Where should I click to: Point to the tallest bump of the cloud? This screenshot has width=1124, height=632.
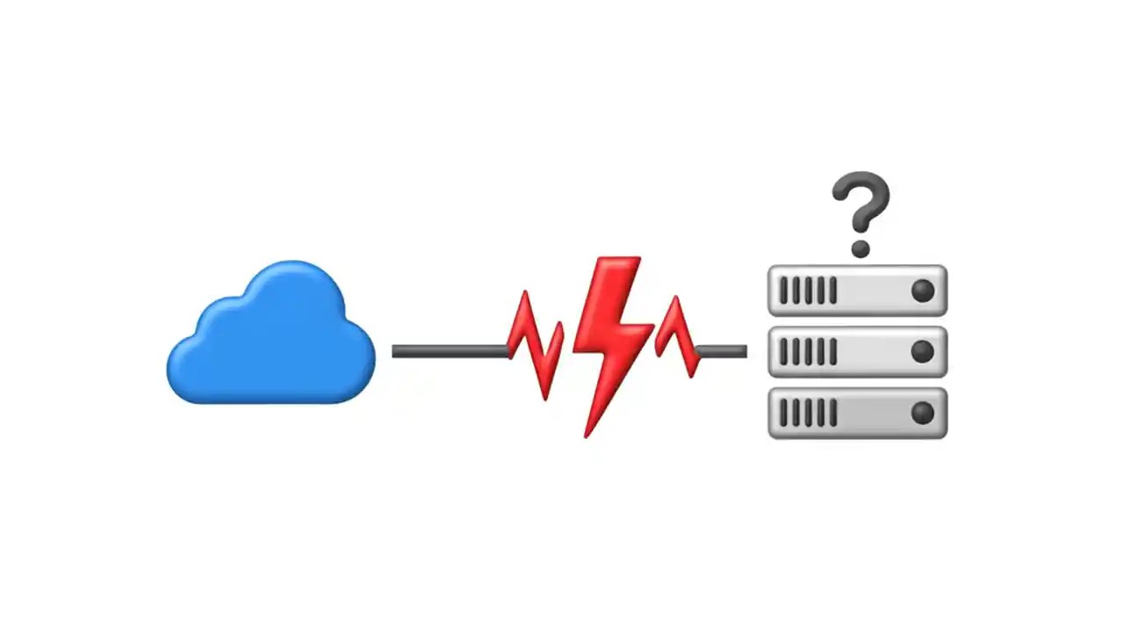(293, 267)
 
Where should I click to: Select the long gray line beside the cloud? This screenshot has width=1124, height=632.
(449, 351)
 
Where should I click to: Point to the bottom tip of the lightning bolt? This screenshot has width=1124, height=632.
(587, 434)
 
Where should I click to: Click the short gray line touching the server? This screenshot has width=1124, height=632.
(723, 351)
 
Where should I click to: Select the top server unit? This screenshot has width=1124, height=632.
(857, 291)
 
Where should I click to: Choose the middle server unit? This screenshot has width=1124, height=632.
(857, 352)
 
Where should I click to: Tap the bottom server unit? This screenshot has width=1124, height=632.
(857, 413)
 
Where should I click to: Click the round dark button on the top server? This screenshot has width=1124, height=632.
(922, 291)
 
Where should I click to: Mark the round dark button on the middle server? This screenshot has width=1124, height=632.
(922, 352)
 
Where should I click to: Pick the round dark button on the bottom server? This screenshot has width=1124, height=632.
(922, 413)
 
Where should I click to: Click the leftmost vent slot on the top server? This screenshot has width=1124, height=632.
(782, 291)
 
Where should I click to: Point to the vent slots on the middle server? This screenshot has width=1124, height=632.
(807, 352)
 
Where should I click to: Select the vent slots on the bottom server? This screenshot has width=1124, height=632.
(807, 413)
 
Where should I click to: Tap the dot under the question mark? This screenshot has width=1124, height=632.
(861, 249)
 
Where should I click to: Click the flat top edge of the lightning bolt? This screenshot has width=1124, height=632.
(618, 260)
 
